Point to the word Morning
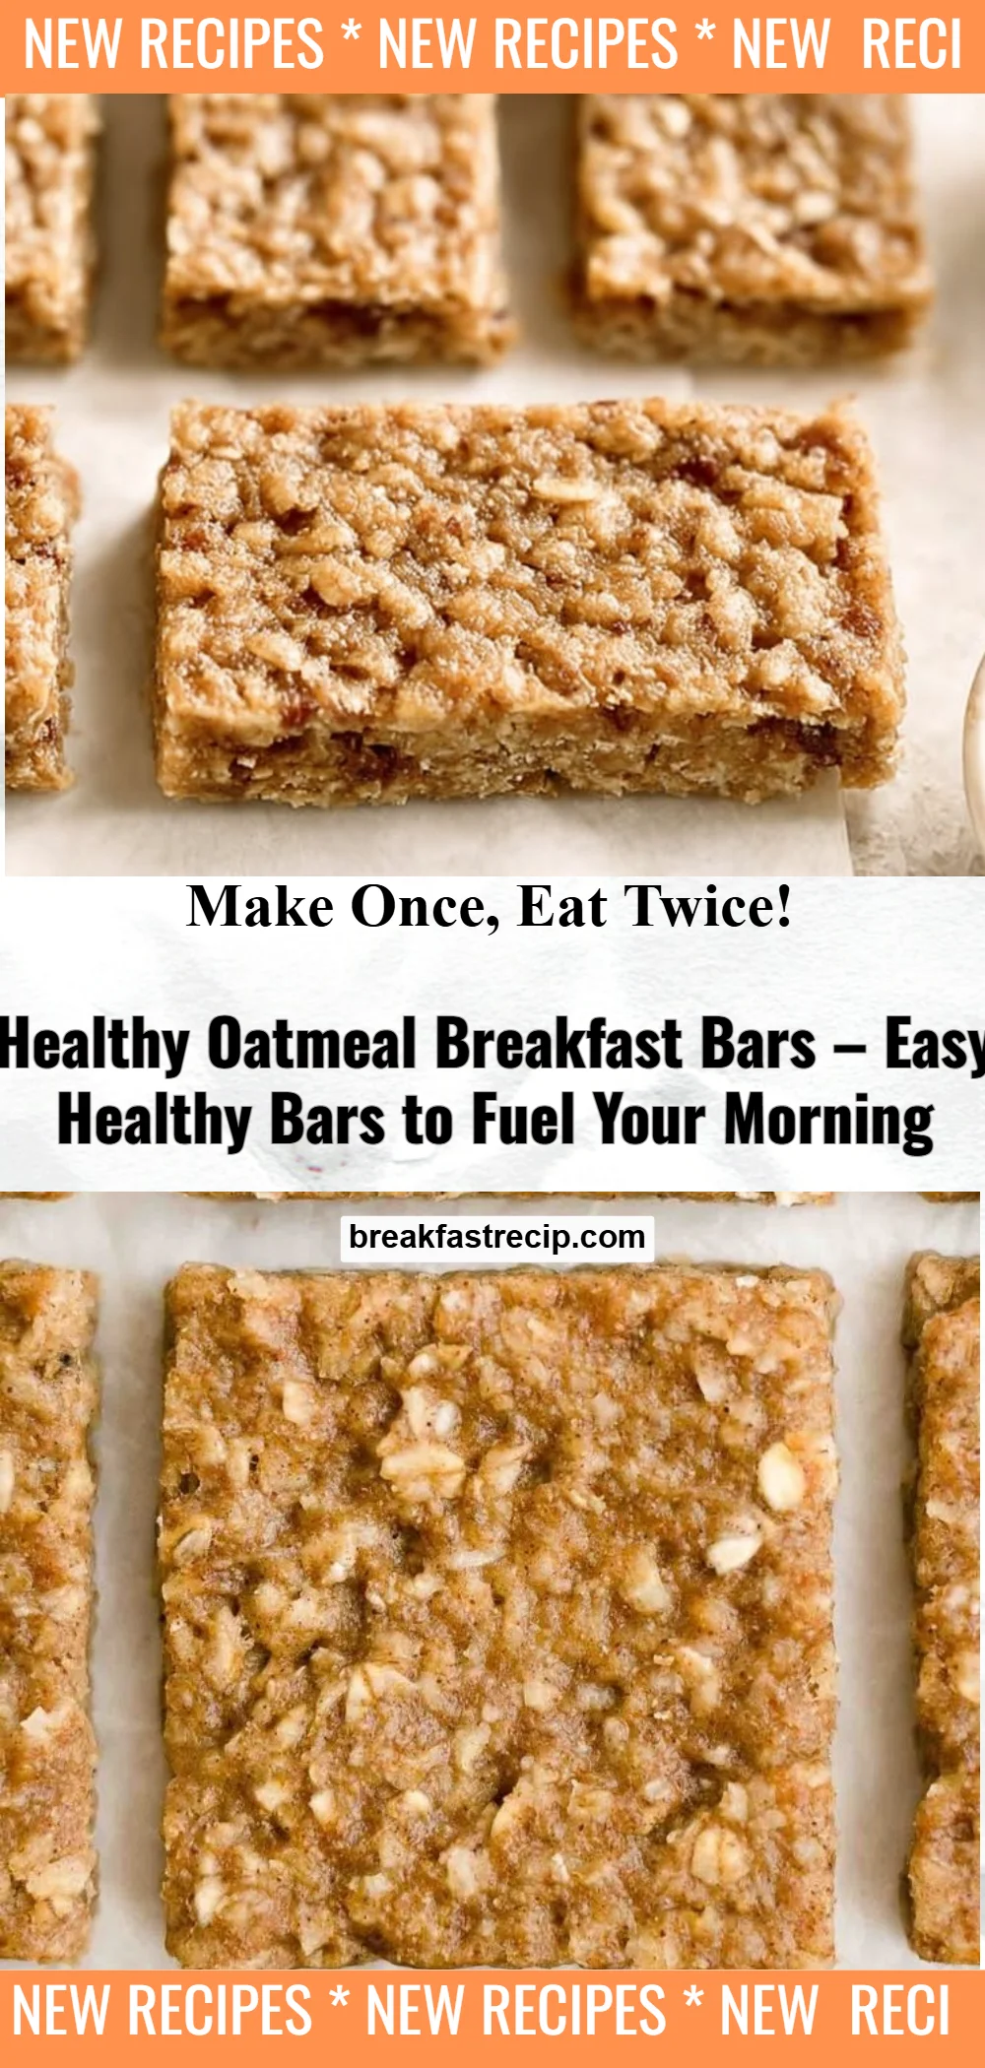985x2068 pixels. [x=829, y=1122]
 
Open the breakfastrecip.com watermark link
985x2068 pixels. [x=496, y=1237]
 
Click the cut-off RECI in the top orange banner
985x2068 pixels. [x=911, y=44]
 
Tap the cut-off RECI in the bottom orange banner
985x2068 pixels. [x=899, y=2010]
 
